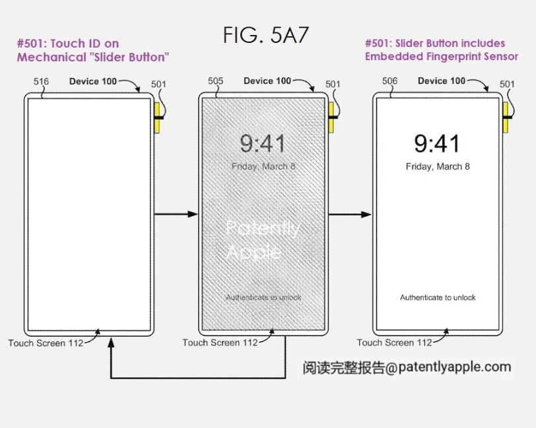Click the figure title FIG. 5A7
click(x=265, y=35)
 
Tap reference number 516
click(x=41, y=81)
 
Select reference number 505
click(x=215, y=81)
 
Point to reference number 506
click(x=389, y=81)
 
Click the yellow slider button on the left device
click(x=157, y=118)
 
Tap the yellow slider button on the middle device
click(x=331, y=118)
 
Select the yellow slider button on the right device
click(x=506, y=118)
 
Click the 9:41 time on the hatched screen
click(x=263, y=144)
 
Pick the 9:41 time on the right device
click(x=437, y=144)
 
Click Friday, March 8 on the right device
click(x=438, y=166)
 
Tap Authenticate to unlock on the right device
click(x=438, y=297)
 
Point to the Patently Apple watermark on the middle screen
click(x=263, y=240)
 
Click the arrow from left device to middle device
click(x=176, y=214)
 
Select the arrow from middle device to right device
click(x=350, y=215)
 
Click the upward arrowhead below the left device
click(x=111, y=343)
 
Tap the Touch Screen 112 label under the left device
click(x=46, y=343)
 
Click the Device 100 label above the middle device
click(x=267, y=81)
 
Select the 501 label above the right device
click(x=507, y=84)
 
